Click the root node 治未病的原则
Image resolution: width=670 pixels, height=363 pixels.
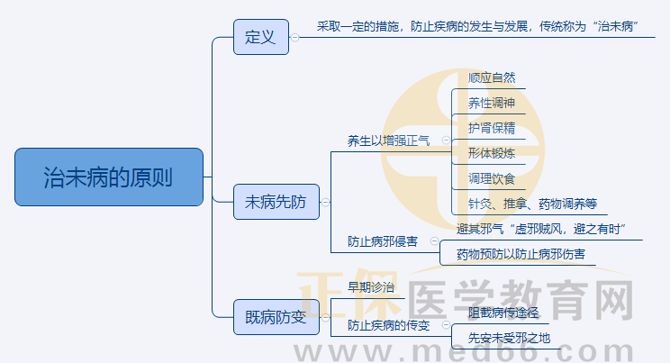[109, 177]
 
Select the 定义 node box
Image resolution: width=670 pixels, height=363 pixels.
[260, 38]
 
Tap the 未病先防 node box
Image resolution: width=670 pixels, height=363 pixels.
[276, 203]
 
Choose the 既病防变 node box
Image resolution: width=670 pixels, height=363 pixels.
[276, 317]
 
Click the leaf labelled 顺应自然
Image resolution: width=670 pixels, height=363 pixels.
[492, 78]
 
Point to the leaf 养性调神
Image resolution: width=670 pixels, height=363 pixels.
[492, 103]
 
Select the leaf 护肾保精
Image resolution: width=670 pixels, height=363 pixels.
[492, 127]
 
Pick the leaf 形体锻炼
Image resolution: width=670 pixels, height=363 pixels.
[492, 152]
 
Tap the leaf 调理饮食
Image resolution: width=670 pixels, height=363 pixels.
[492, 177]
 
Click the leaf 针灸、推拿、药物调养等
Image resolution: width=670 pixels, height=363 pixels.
[532, 203]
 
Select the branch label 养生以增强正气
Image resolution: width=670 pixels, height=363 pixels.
[389, 141]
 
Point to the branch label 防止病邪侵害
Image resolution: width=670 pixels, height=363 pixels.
[383, 241]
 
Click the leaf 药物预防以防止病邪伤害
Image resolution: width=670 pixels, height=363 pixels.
[521, 255]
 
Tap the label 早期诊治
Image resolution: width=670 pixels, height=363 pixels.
[371, 287]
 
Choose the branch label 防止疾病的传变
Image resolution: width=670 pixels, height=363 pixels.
[389, 324]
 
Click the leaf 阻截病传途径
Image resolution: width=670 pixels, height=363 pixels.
[503, 313]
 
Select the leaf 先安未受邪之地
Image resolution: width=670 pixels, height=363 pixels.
[509, 339]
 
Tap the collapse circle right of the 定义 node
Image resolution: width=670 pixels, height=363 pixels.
[295, 38]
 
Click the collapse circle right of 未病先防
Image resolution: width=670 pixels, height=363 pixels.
[325, 203]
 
